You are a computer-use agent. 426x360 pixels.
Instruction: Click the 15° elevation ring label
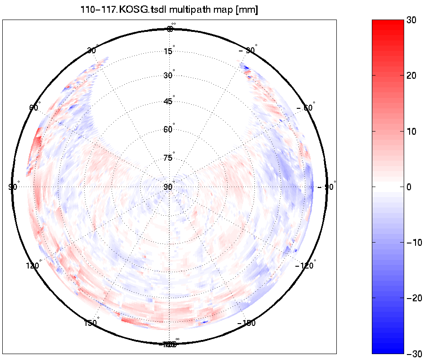[x=168, y=51]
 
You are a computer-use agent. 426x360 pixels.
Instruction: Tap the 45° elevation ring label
[x=168, y=101]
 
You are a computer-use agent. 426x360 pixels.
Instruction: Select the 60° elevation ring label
[x=168, y=130]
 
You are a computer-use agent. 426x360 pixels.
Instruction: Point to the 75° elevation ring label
[x=168, y=158]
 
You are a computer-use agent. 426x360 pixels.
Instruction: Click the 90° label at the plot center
[x=168, y=187]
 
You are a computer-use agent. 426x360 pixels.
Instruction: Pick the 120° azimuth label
[x=33, y=266]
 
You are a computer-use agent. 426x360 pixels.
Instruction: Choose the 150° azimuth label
[x=91, y=323]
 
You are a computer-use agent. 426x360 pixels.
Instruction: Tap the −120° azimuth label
[x=305, y=266]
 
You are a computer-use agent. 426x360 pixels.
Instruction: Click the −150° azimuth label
[x=247, y=323]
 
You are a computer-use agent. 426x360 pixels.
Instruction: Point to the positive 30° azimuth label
[x=91, y=51]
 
